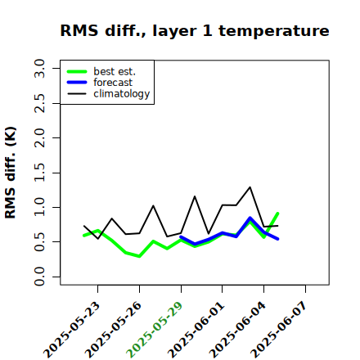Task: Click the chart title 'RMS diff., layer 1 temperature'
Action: (195, 30)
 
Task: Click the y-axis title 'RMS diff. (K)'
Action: (11, 173)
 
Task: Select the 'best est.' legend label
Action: (115, 71)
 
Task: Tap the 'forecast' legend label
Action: (113, 83)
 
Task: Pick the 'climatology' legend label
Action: (122, 94)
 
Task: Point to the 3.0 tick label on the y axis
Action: (39, 68)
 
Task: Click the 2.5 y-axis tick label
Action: (39, 103)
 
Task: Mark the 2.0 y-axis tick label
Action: (39, 137)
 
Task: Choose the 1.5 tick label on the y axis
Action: (39, 173)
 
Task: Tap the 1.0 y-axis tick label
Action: (39, 207)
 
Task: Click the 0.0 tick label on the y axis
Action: (39, 277)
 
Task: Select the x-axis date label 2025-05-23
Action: (72, 330)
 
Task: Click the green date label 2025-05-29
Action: (155, 330)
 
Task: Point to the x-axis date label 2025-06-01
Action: (196, 330)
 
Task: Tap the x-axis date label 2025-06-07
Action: (279, 330)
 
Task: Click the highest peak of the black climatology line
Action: (250, 187)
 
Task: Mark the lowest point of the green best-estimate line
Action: (139, 256)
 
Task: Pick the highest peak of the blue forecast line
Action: (250, 218)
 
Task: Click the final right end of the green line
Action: (277, 214)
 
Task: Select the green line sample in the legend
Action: (77, 71)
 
